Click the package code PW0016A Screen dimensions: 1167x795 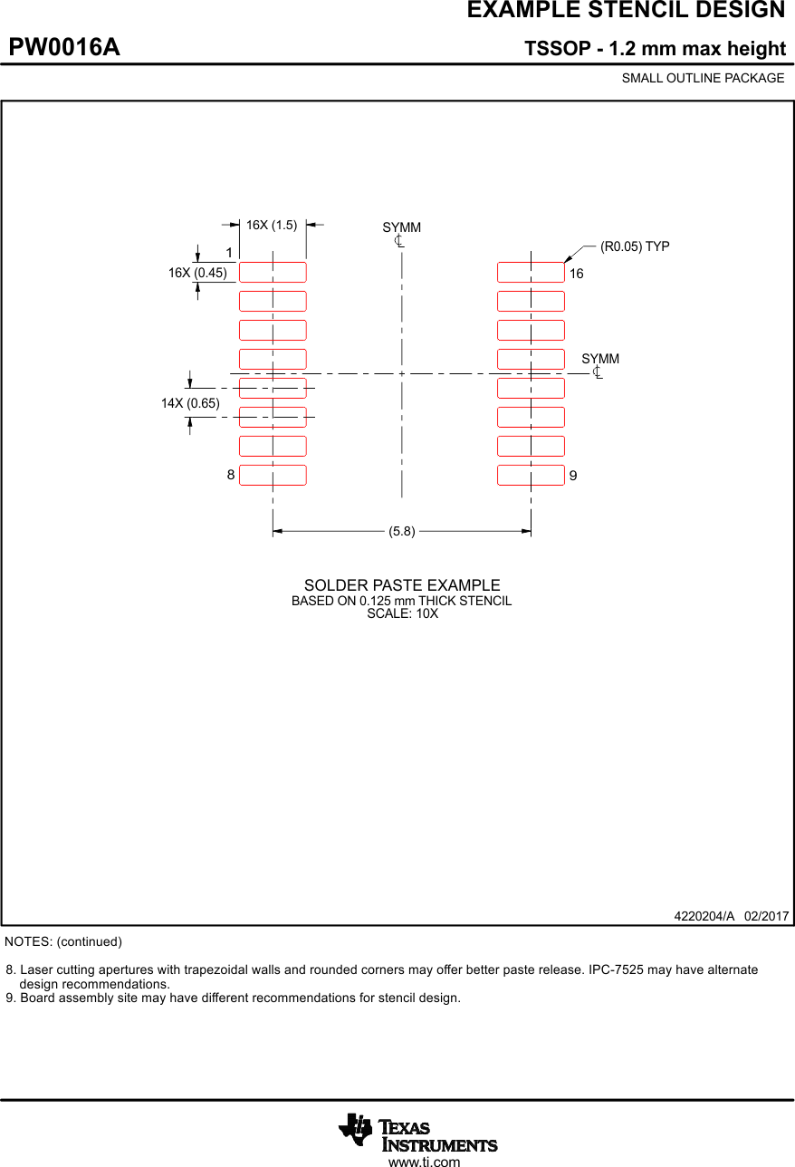pyautogui.click(x=64, y=47)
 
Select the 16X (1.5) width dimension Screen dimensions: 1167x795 pyautogui.click(x=272, y=225)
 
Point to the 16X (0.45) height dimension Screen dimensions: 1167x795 pyautogui.click(x=197, y=273)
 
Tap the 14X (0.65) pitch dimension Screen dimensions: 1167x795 pyautogui.click(x=190, y=403)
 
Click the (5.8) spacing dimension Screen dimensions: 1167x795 pyautogui.click(x=402, y=532)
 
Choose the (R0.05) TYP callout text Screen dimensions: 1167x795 pyautogui.click(x=635, y=246)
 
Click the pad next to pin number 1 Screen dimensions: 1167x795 pyautogui.click(x=273, y=272)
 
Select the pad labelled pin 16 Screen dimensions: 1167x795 pyautogui.click(x=531, y=272)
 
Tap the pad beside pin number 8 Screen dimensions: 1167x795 pyautogui.click(x=273, y=475)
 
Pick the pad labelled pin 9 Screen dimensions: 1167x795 pyautogui.click(x=531, y=475)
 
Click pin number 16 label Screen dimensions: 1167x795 pyautogui.click(x=577, y=274)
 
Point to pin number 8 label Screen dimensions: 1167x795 pyautogui.click(x=231, y=475)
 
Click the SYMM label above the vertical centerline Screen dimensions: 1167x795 pyautogui.click(x=401, y=227)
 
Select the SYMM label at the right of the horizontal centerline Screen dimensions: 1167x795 pyautogui.click(x=600, y=360)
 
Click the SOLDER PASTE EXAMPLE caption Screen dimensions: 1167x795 pyautogui.click(x=402, y=585)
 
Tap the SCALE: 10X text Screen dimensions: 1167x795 pyautogui.click(x=402, y=613)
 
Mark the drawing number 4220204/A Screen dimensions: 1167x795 pyautogui.click(x=704, y=916)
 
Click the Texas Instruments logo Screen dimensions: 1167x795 pyautogui.click(x=418, y=1132)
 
